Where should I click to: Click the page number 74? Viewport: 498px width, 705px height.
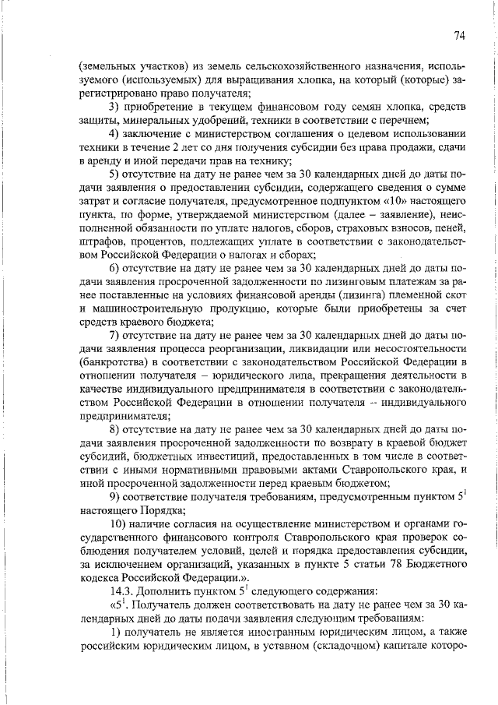coord(460,36)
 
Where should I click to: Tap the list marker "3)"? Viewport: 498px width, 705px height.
coord(114,106)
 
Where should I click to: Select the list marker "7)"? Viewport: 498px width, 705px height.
coord(114,336)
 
